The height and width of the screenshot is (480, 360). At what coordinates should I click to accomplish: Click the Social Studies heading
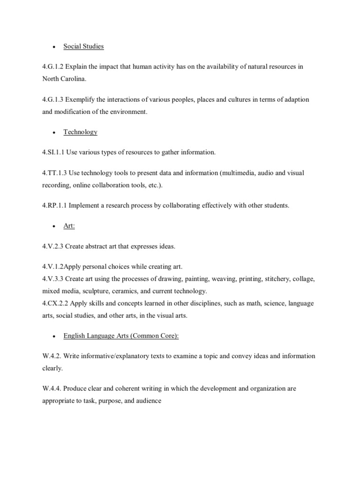click(83, 46)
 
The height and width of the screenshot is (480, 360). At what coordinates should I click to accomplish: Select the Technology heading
click(80, 132)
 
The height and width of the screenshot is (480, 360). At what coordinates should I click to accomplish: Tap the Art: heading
click(69, 226)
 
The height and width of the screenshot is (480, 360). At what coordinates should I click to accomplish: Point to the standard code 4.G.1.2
click(52, 67)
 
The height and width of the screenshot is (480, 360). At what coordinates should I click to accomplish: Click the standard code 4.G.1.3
click(52, 100)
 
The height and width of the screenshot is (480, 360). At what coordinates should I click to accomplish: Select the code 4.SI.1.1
click(53, 152)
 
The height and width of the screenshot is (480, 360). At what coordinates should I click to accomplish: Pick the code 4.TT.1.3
click(54, 173)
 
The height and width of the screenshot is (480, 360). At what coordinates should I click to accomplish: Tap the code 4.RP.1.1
click(54, 206)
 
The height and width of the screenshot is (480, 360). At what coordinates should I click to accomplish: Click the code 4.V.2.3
click(53, 246)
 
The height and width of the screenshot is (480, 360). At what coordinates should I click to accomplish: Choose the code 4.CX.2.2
click(55, 303)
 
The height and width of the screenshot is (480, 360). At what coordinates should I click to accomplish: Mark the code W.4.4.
click(52, 389)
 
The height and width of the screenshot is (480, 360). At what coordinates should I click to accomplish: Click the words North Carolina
click(63, 79)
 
